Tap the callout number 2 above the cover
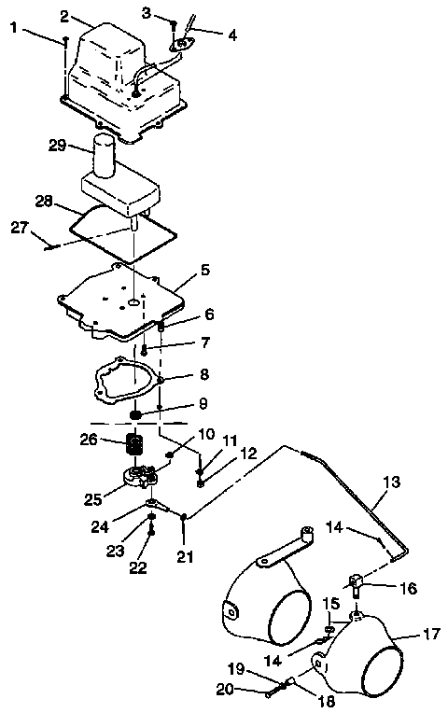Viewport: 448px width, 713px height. (64, 16)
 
